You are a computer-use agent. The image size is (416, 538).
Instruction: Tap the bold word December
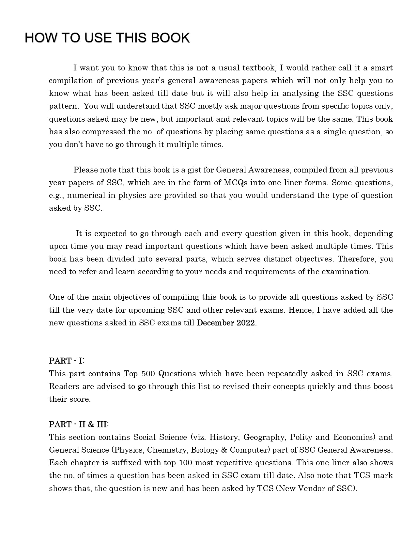click(x=216, y=323)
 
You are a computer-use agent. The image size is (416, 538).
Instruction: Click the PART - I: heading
click(x=67, y=361)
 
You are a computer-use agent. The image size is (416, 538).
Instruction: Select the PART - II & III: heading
click(x=79, y=424)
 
